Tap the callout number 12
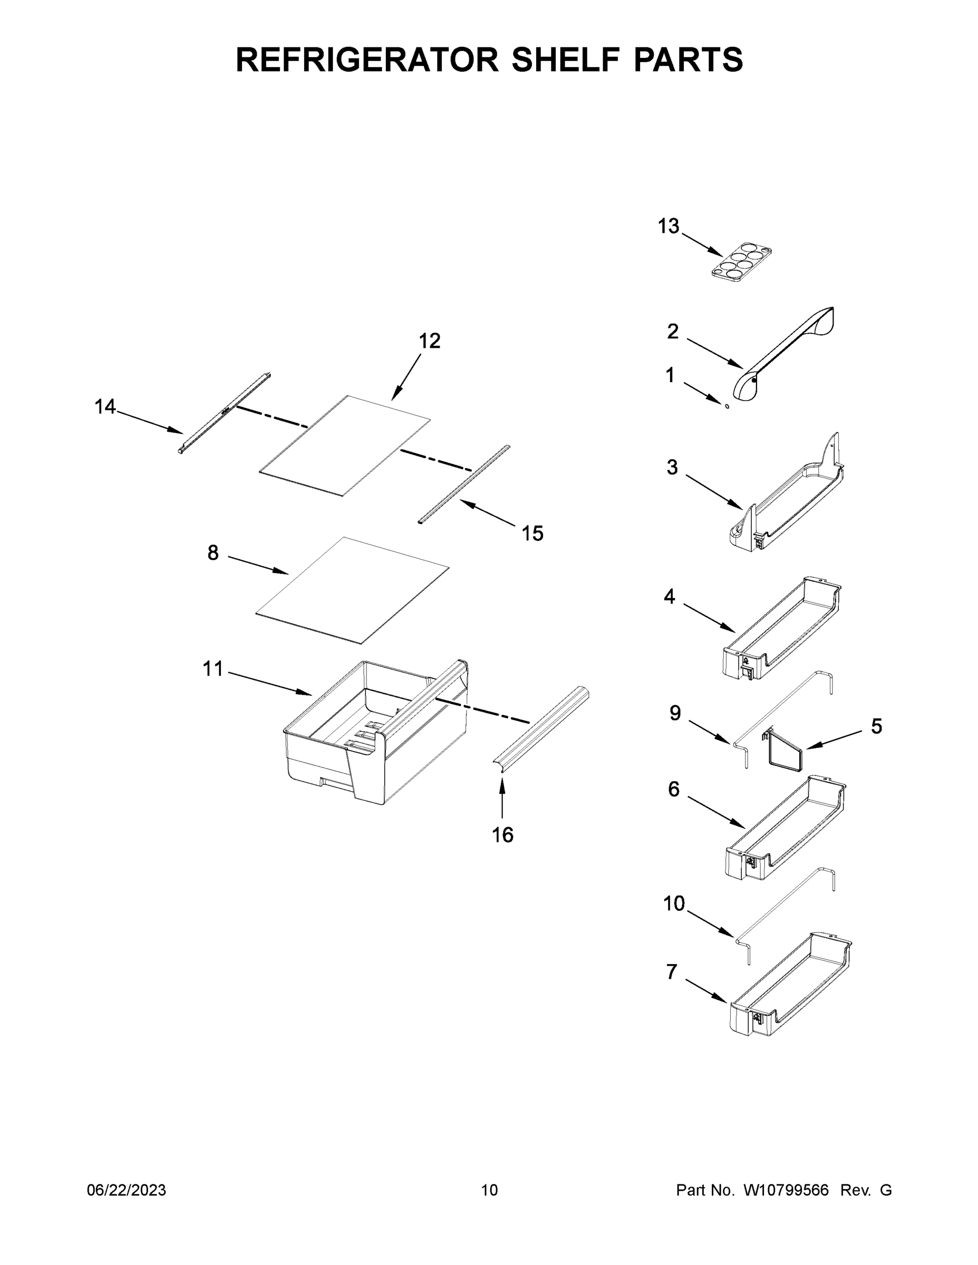click(x=429, y=341)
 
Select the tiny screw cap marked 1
click(x=726, y=405)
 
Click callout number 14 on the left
click(x=105, y=407)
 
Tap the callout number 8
click(x=212, y=553)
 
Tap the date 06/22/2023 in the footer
click(x=127, y=1190)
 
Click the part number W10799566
click(x=786, y=1190)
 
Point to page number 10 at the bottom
click(x=489, y=1190)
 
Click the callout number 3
click(x=672, y=468)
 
